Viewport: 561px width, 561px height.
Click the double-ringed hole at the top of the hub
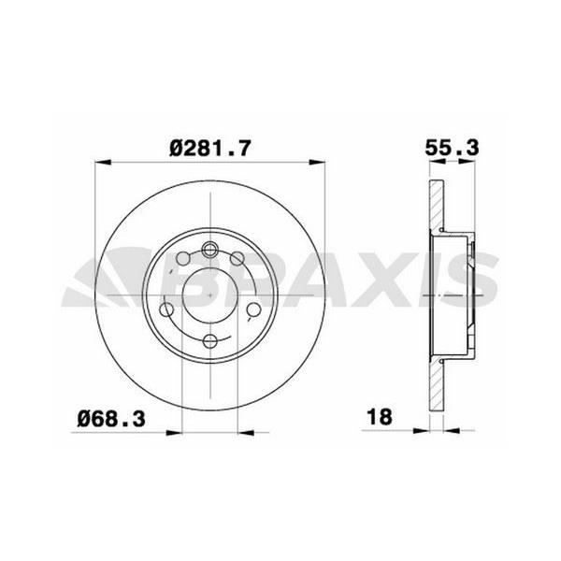[210, 250]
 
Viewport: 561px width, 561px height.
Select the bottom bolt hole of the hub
[210, 340]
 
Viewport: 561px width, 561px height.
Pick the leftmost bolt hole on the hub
[167, 309]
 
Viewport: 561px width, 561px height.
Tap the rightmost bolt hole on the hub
[253, 309]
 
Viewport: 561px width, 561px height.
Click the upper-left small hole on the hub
[183, 259]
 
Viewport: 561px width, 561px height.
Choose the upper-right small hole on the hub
[237, 259]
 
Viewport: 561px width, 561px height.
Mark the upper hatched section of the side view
[436, 206]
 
